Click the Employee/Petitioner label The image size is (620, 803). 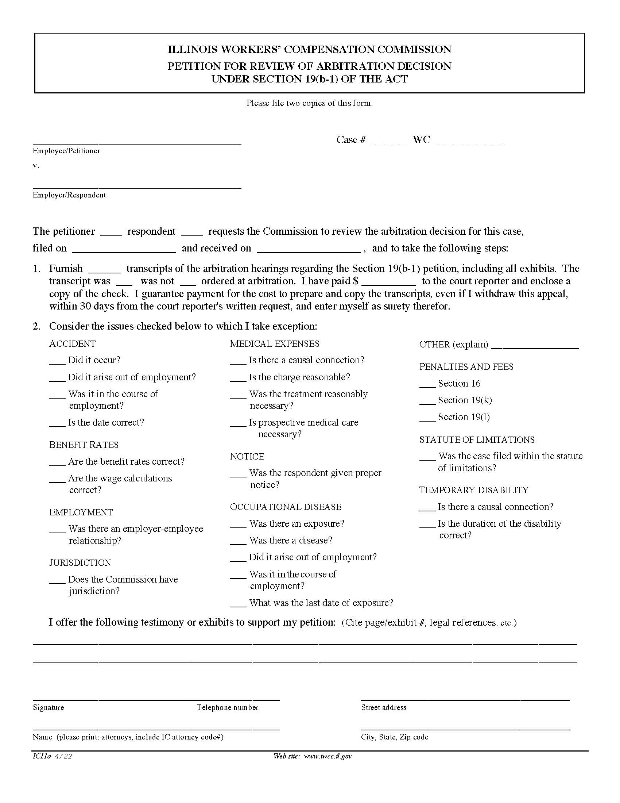click(66, 151)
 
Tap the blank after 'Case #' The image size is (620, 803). click(389, 142)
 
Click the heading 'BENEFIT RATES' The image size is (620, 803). click(84, 445)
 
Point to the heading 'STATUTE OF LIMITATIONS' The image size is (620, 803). click(477, 440)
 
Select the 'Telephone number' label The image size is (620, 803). click(227, 707)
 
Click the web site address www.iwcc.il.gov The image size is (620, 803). click(328, 756)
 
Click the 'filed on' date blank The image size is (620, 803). click(124, 250)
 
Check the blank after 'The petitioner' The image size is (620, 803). click(111, 234)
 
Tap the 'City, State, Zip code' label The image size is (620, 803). click(395, 737)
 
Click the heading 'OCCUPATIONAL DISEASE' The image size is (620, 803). click(286, 507)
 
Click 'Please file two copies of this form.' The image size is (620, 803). click(309, 103)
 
